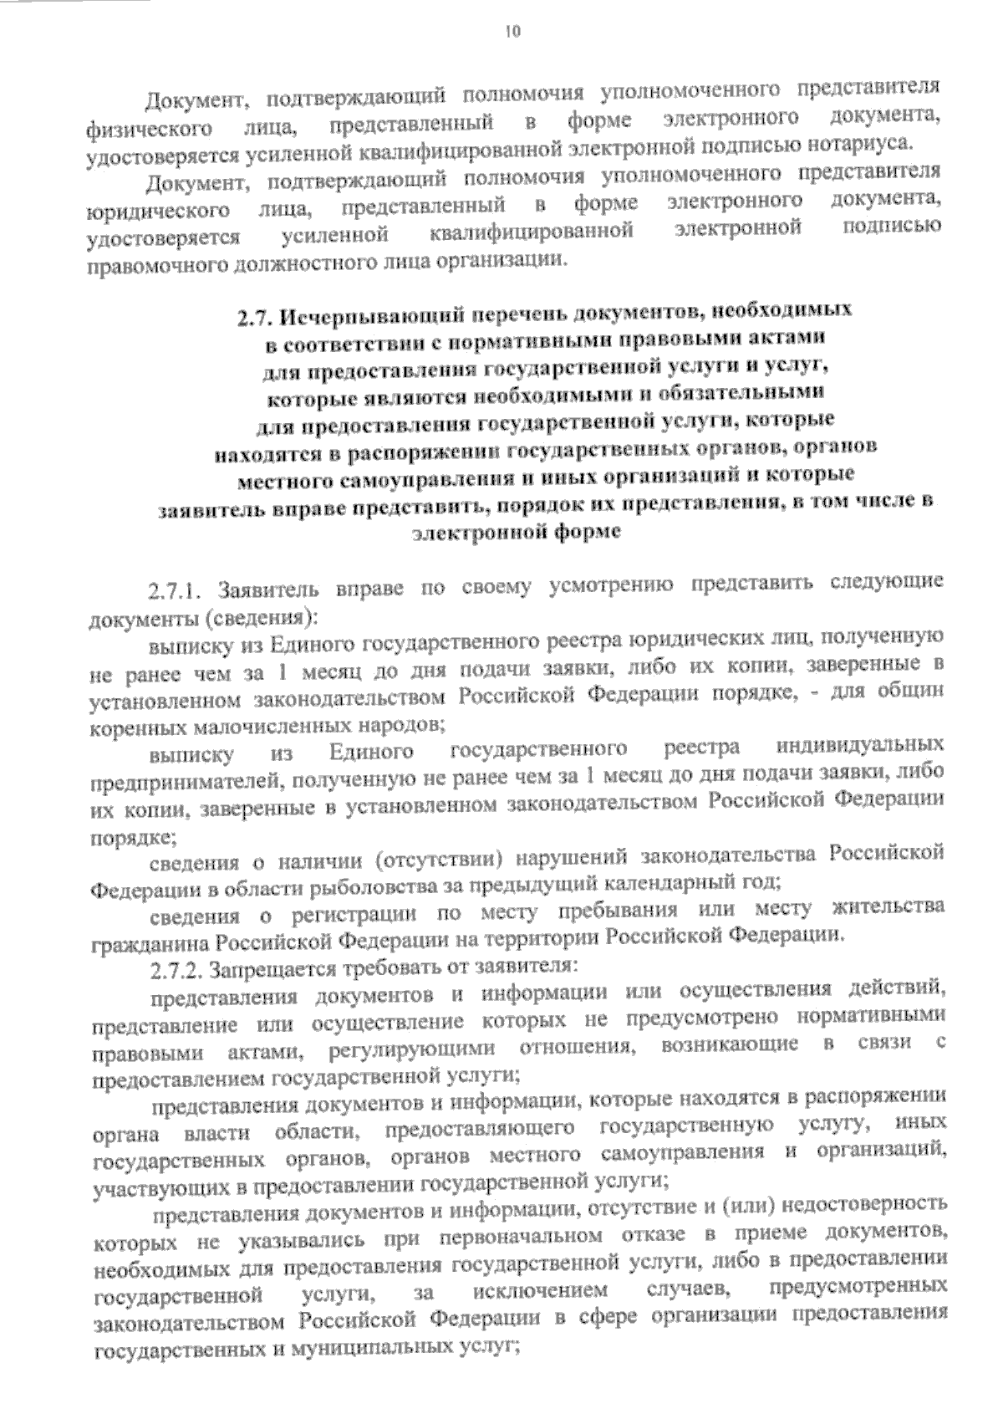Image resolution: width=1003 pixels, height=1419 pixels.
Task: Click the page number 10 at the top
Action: tap(512, 33)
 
